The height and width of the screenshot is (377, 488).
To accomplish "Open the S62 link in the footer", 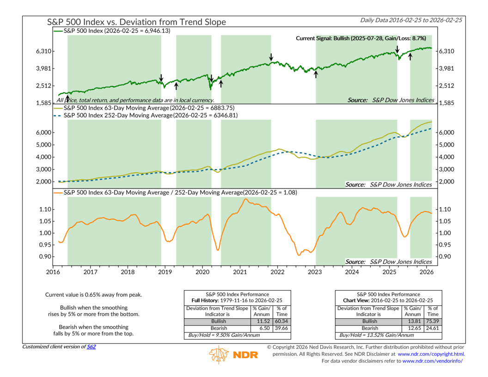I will pos(92,347).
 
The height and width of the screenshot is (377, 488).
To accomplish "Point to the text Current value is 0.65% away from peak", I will pos(93,294).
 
